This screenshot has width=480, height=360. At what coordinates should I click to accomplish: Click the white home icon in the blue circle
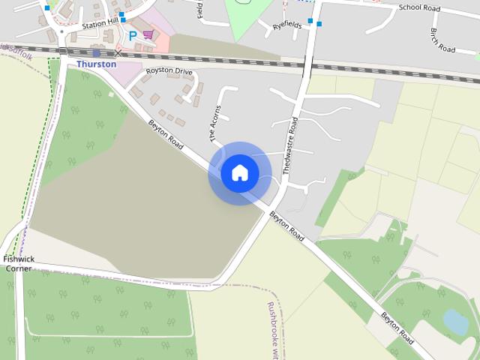tap(240, 172)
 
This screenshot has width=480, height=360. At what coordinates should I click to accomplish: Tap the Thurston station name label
tap(97, 64)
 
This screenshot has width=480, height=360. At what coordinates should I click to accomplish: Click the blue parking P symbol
tap(133, 35)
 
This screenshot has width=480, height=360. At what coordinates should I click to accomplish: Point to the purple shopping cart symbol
tap(148, 34)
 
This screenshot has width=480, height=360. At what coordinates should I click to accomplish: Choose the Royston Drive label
tap(169, 70)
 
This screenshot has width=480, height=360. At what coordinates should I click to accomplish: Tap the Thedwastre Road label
tap(290, 145)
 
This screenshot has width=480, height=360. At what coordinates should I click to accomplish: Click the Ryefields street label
tap(286, 25)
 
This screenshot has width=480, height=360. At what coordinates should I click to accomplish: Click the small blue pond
tap(455, 322)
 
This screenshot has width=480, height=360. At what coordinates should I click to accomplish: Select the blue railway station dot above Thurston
tap(97, 53)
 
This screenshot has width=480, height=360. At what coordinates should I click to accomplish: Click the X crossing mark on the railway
tap(118, 54)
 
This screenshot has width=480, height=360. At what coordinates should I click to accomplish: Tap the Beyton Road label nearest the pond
tap(397, 328)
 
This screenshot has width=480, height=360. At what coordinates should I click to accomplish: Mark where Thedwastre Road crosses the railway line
tap(309, 64)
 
